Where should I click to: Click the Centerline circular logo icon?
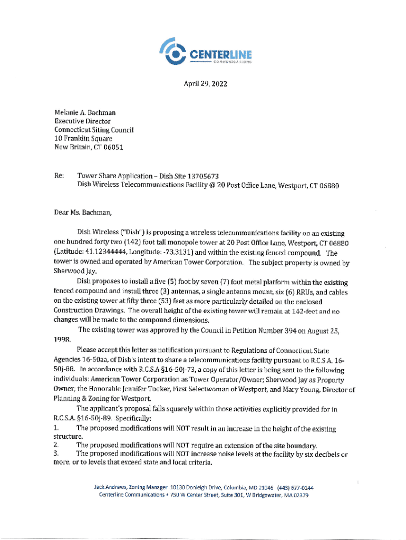pyautogui.click(x=175, y=52)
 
